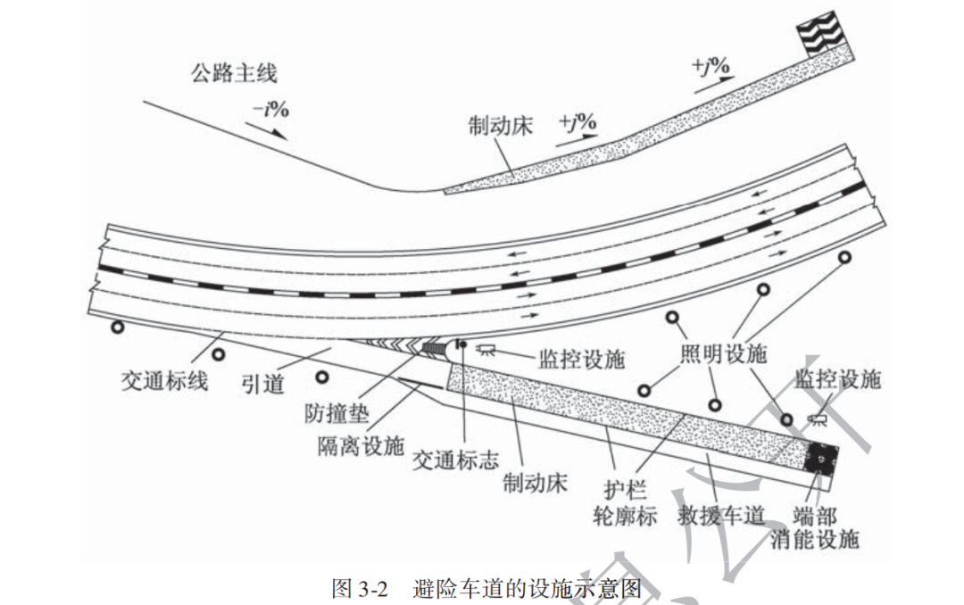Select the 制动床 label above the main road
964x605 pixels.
pyautogui.click(x=500, y=126)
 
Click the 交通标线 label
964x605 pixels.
pyautogui.click(x=165, y=380)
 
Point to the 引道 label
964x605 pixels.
pyautogui.click(x=263, y=385)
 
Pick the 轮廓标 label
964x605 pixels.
pyautogui.click(x=626, y=515)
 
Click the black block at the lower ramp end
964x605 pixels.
pyautogui.click(x=819, y=460)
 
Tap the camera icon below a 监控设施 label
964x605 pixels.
pyautogui.click(x=815, y=418)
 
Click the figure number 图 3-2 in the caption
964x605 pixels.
pyautogui.click(x=361, y=589)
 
